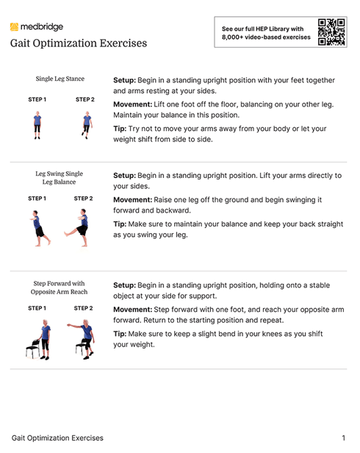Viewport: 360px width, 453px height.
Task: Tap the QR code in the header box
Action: [331, 33]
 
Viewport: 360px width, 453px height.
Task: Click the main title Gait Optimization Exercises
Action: [78, 43]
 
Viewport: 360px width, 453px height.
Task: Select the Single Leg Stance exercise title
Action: [60, 79]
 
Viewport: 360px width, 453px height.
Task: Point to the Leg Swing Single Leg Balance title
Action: [60, 178]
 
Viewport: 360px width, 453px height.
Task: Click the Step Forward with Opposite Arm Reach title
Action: [60, 288]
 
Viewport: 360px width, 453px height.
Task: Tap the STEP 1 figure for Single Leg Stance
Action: [37, 125]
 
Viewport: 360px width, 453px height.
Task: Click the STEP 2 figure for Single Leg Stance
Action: [85, 125]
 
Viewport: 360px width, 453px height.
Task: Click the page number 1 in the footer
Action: [343, 438]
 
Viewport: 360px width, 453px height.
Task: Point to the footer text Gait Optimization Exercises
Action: [57, 438]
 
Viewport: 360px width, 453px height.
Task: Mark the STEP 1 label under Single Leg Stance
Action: [37, 99]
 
